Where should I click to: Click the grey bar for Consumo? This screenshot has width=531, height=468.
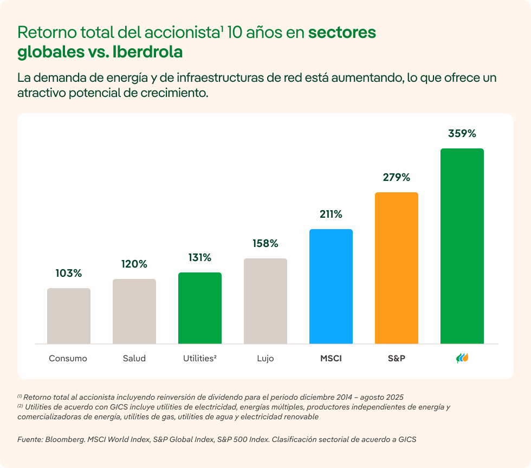pos(69,316)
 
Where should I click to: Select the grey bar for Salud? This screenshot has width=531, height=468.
pos(134,311)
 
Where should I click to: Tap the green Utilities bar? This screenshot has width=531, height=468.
pos(200,308)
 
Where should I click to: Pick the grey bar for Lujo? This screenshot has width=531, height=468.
pos(265,301)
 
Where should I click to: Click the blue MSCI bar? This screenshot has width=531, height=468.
pos(331,287)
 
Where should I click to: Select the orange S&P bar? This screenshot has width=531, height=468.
pos(397,268)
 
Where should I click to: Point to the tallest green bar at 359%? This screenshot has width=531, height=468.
pos(462,246)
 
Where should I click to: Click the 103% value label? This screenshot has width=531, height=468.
pos(69,274)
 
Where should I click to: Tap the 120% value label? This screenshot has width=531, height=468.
pos(134,264)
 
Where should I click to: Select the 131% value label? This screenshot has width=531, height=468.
pos(200,258)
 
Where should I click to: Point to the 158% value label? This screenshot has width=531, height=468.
pos(265,244)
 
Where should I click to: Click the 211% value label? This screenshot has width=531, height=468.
pos(331,214)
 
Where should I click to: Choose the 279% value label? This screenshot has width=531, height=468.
pos(397,178)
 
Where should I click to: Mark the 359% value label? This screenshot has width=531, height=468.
pos(462,133)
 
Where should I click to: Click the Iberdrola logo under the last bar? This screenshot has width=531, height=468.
pos(462,358)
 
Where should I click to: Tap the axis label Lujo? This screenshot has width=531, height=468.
pos(265,359)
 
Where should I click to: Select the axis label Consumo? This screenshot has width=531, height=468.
pos(68,359)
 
